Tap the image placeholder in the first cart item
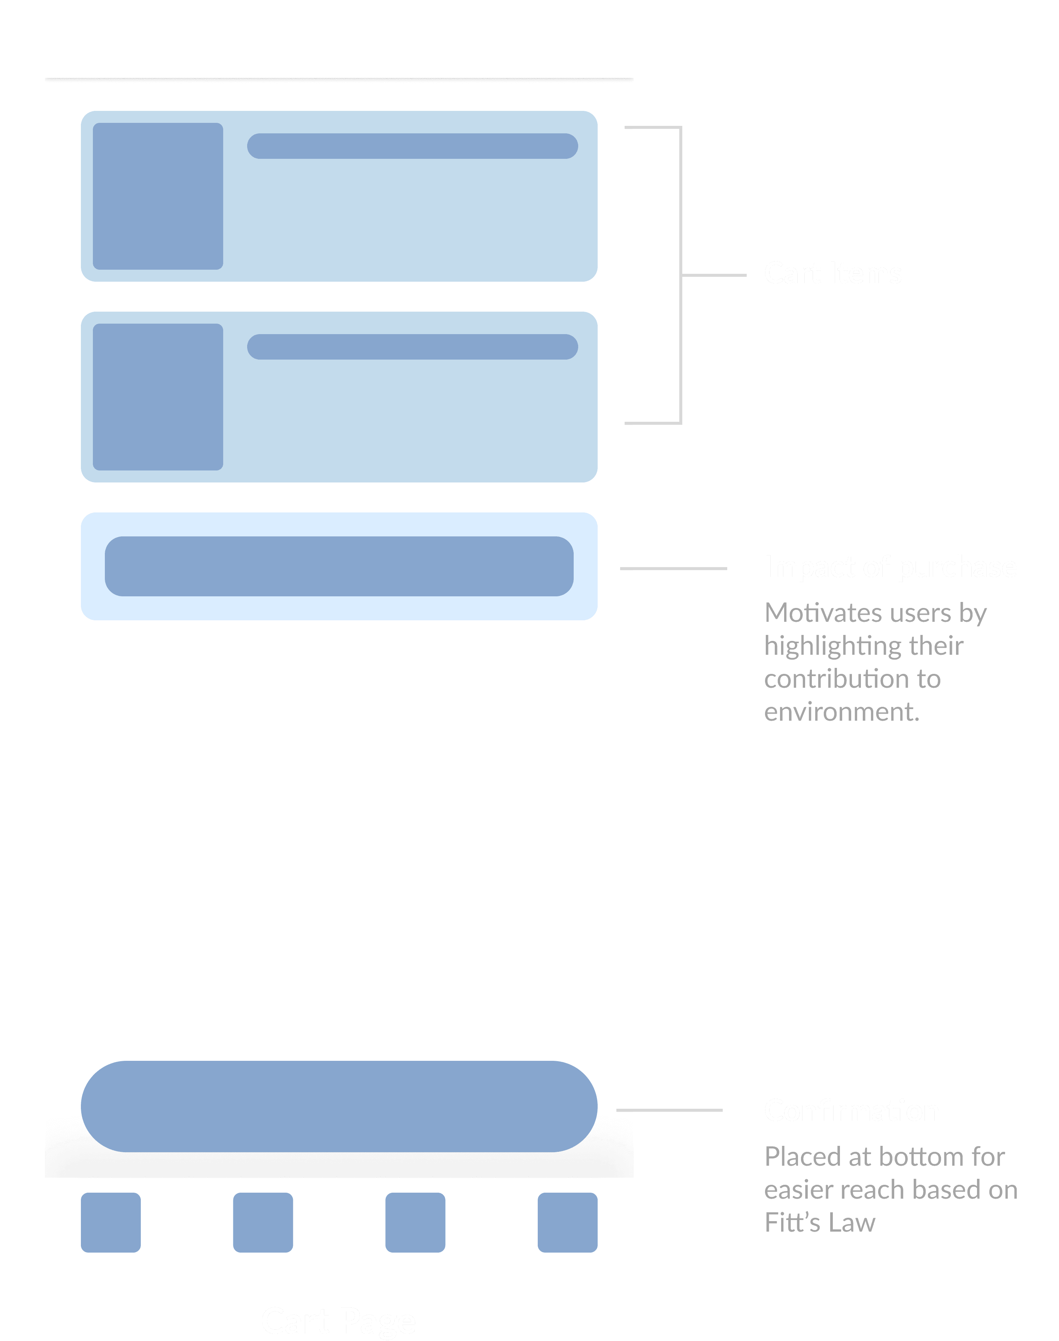pyautogui.click(x=158, y=196)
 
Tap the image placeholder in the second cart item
pyautogui.click(x=158, y=397)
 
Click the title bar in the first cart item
pyautogui.click(x=412, y=146)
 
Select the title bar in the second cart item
pyautogui.click(x=412, y=347)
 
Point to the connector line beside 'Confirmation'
pyautogui.click(x=670, y=1110)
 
